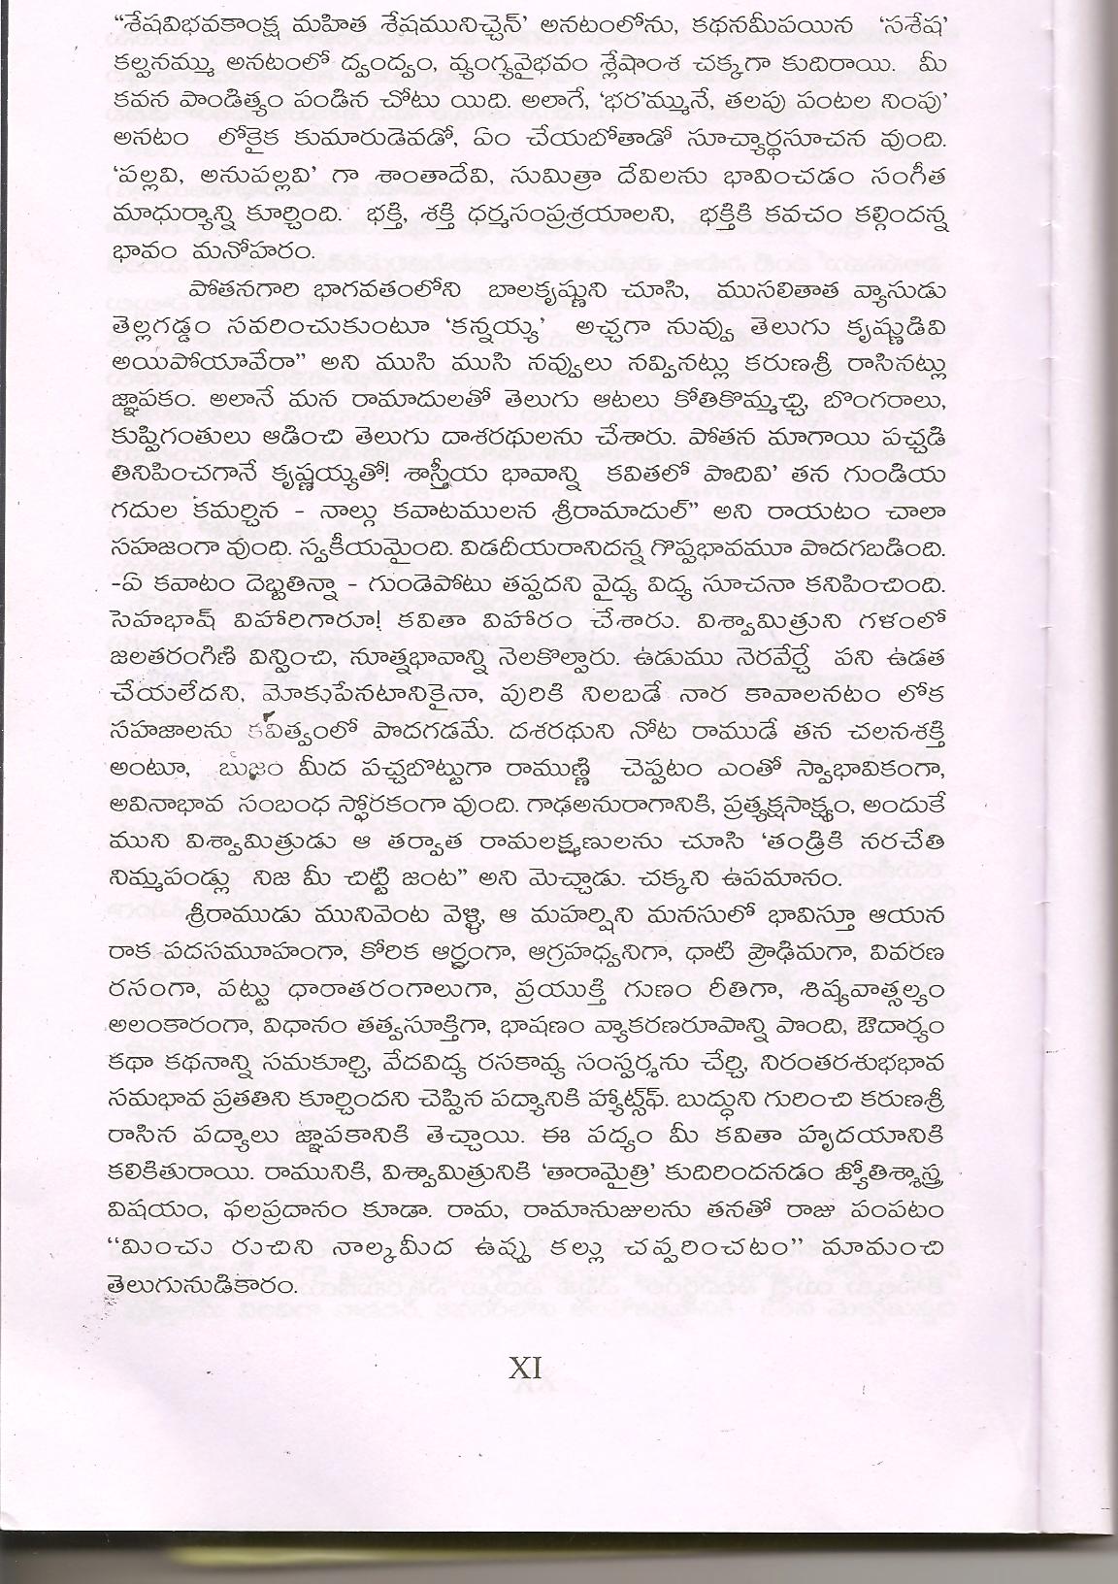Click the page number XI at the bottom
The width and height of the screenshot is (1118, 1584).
tap(524, 1369)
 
